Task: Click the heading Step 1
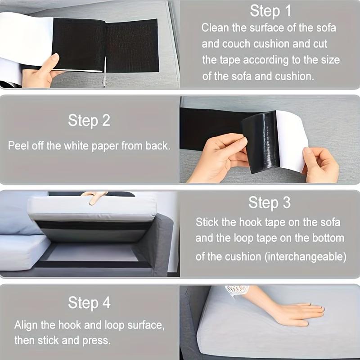pyautogui.click(x=270, y=11)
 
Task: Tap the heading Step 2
pyautogui.click(x=89, y=121)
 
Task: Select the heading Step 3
pyautogui.click(x=270, y=203)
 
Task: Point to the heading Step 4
pyautogui.click(x=89, y=303)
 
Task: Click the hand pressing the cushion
pyautogui.click(x=297, y=313)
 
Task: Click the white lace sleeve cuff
pyautogui.click(x=238, y=290)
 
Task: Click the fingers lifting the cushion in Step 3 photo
pyautogui.click(x=94, y=197)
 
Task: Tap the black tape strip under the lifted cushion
pyautogui.click(x=90, y=225)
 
